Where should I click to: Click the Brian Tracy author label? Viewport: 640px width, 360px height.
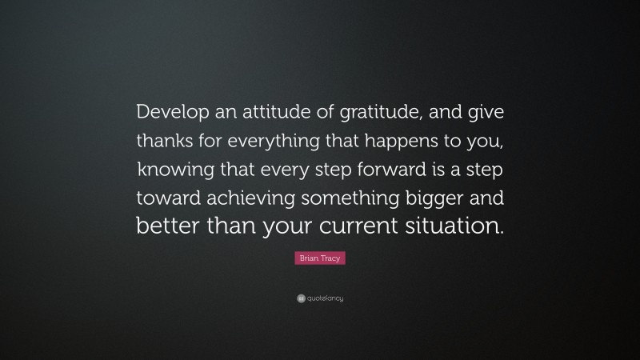pyautogui.click(x=320, y=259)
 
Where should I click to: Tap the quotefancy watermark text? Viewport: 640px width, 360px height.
pyautogui.click(x=324, y=298)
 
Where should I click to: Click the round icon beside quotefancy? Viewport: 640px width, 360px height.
pyautogui.click(x=300, y=298)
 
